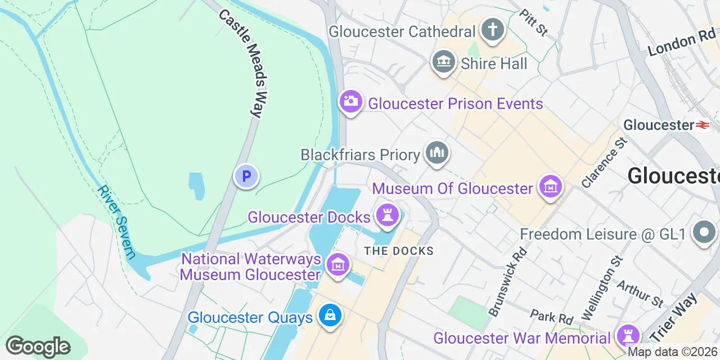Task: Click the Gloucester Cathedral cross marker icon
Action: [493, 29]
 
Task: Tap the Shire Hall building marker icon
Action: [444, 61]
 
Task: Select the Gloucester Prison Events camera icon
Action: [351, 102]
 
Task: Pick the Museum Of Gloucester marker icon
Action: [550, 186]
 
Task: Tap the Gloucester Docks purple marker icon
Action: [387, 215]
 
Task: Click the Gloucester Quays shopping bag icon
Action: [330, 316]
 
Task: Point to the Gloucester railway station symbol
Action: [703, 125]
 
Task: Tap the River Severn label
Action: [116, 221]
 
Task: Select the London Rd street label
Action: [681, 43]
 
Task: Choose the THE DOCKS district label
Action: [399, 251]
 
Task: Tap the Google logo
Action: [38, 346]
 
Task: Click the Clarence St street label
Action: [604, 163]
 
